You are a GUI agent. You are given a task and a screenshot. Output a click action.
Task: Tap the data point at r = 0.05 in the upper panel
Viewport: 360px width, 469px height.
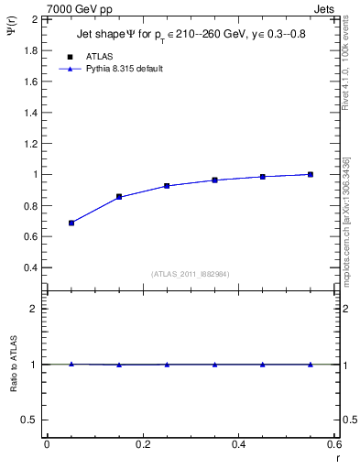click(x=71, y=223)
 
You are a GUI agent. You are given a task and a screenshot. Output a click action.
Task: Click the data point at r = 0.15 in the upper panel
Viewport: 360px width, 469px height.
click(x=119, y=197)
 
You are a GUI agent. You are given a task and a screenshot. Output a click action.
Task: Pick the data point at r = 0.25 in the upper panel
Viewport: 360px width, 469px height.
click(x=167, y=186)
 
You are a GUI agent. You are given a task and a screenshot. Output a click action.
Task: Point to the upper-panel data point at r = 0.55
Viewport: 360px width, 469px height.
click(x=311, y=174)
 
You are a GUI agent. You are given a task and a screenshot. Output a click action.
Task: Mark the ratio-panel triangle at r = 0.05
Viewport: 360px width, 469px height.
click(x=71, y=364)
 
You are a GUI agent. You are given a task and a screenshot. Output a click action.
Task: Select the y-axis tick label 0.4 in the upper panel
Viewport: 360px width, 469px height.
click(x=31, y=267)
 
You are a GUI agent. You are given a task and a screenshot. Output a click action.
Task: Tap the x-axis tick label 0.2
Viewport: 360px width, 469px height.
click(x=142, y=444)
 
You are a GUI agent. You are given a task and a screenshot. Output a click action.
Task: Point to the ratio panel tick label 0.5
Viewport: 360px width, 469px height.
click(x=31, y=420)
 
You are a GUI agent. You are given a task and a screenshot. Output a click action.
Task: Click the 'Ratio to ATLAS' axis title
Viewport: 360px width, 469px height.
click(x=14, y=365)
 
